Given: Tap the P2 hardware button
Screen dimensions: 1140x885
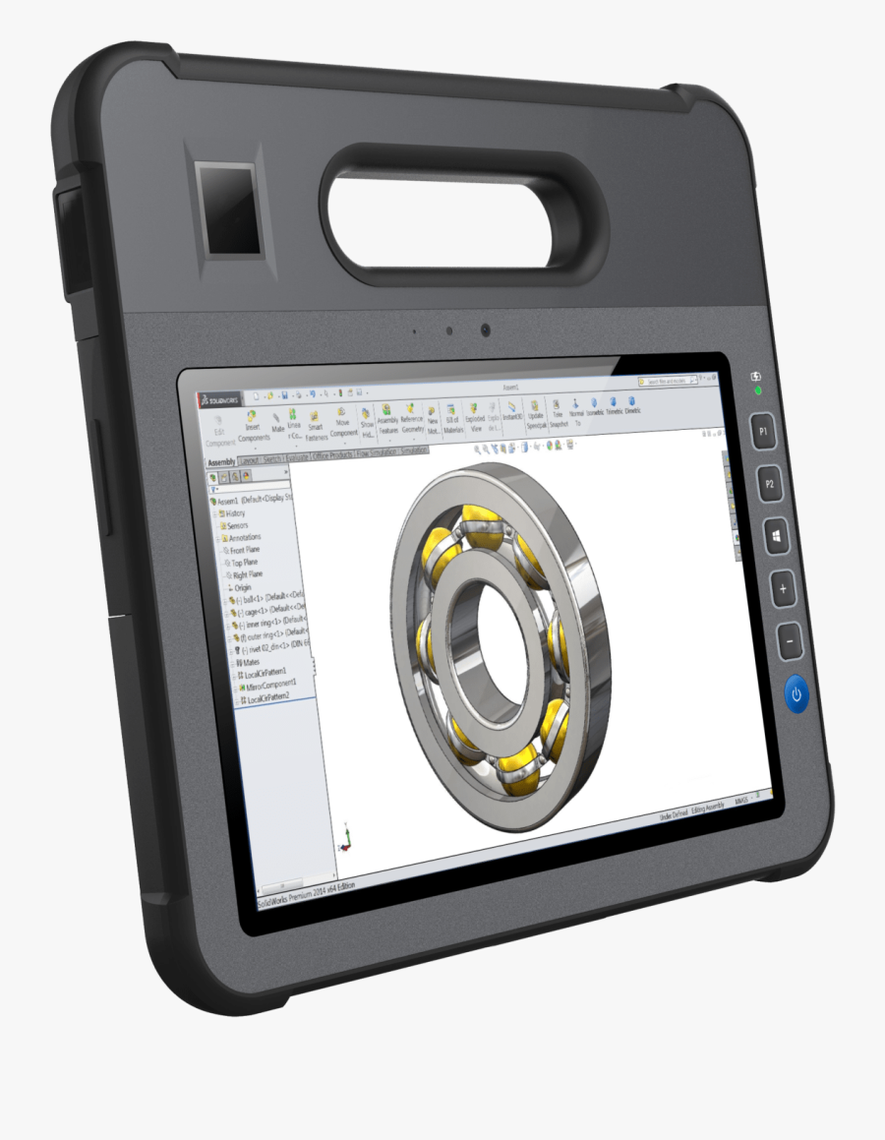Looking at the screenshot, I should [770, 484].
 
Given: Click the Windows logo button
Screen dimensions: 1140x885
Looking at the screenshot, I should [777, 537].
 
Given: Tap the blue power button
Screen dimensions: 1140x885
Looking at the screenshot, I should [796, 694].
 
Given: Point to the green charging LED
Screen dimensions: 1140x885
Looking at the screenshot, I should [757, 391].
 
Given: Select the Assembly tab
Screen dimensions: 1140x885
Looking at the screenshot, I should [220, 462].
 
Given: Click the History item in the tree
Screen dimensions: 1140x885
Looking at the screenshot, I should [235, 513].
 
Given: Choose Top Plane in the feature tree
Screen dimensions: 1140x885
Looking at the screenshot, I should [244, 563].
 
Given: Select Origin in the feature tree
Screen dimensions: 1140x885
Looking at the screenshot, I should [242, 587].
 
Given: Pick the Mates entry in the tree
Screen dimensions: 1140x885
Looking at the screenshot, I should [251, 662].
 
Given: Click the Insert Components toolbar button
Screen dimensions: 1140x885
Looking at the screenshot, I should [254, 426].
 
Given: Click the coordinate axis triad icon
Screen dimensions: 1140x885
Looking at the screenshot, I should [345, 837].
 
